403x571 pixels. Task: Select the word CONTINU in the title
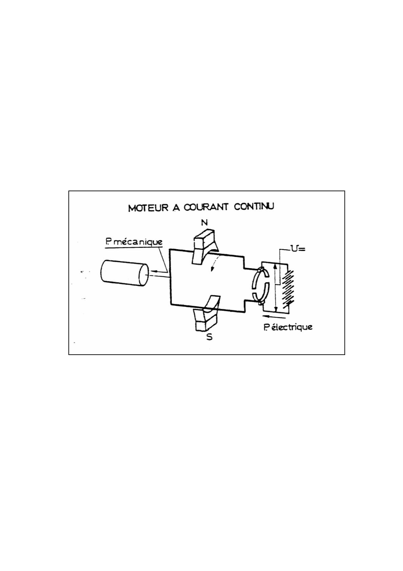coord(254,206)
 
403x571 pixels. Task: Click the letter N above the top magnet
coord(204,222)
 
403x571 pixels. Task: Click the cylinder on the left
coord(125,273)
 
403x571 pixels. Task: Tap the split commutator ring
coord(260,286)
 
